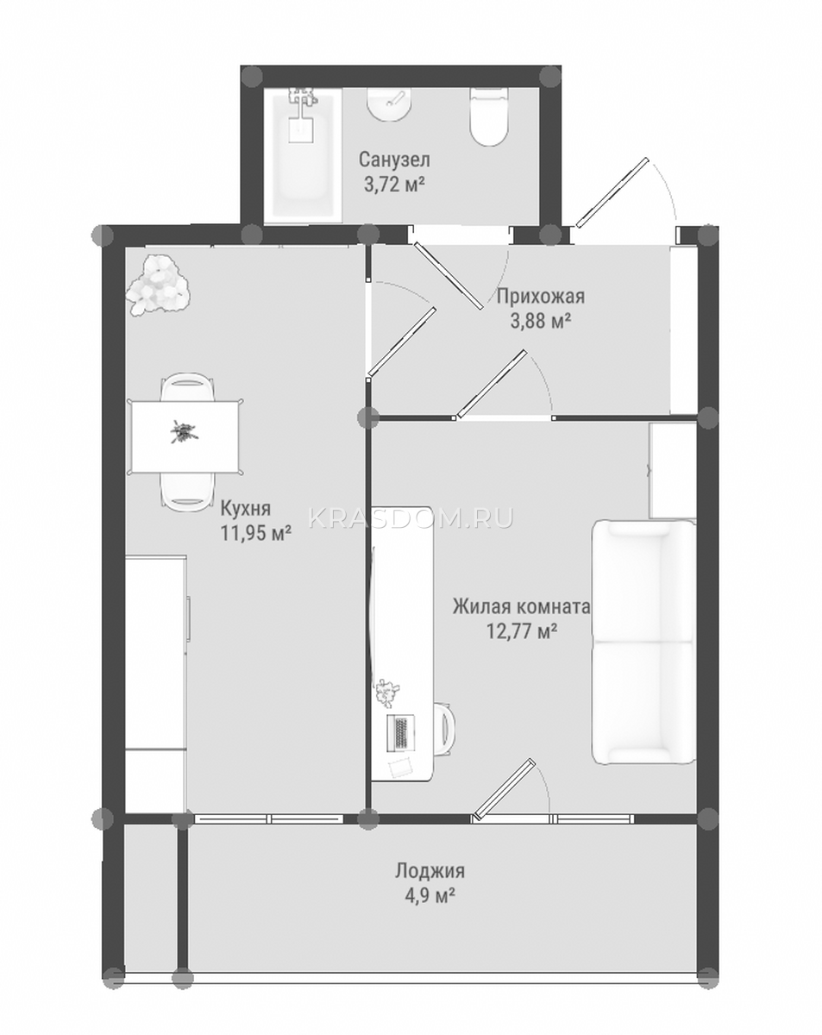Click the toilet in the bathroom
(x=489, y=116)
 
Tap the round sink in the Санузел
(x=389, y=104)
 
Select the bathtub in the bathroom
(x=303, y=154)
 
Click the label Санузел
(x=394, y=160)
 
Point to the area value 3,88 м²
(x=541, y=320)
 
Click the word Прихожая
(x=541, y=296)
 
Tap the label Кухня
(x=246, y=507)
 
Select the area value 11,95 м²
(x=256, y=532)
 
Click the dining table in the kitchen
(x=185, y=436)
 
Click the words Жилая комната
(x=521, y=607)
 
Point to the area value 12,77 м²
(x=522, y=630)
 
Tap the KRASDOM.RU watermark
(x=411, y=518)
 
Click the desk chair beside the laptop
(x=445, y=731)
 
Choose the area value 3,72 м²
(x=394, y=185)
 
